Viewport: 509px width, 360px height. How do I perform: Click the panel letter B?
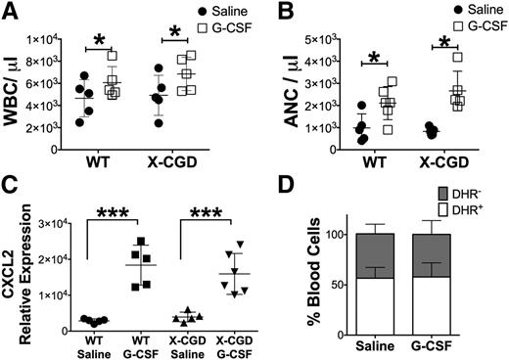pyautogui.click(x=270, y=13)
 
